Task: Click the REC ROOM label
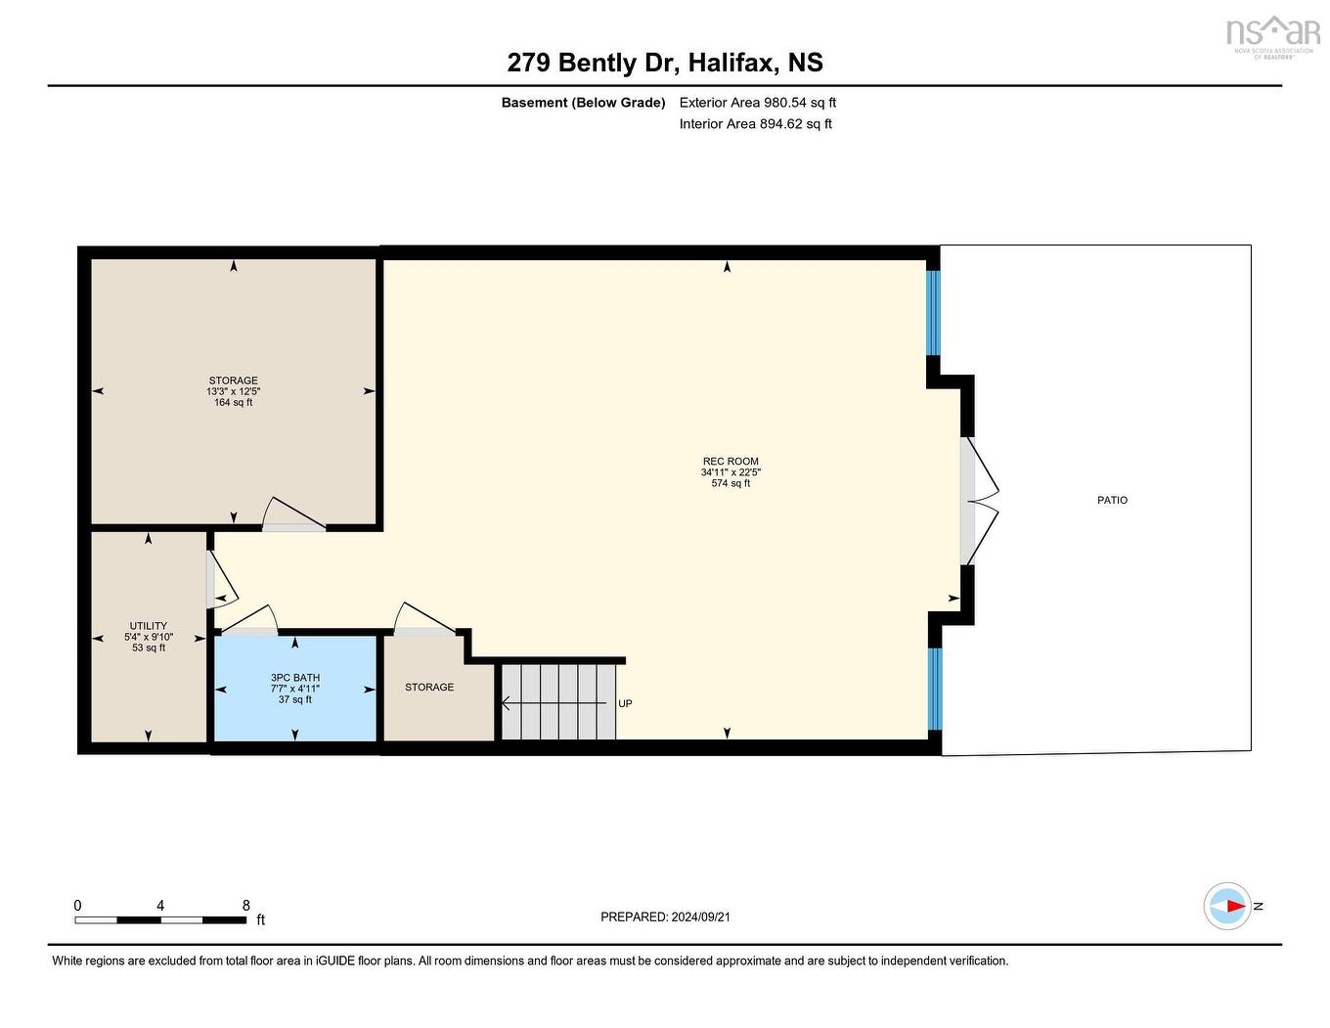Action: [731, 462]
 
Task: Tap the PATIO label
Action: [1112, 500]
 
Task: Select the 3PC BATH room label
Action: [295, 678]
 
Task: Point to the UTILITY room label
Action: [149, 626]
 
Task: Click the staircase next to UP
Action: [558, 702]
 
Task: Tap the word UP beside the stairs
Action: [625, 703]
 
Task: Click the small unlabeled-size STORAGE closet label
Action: [429, 687]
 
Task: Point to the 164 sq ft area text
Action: [233, 402]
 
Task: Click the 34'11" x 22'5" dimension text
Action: [731, 472]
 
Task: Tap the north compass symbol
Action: [1228, 906]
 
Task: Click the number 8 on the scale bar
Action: [246, 906]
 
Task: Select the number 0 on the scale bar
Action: [78, 906]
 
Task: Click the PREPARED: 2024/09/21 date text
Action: [665, 916]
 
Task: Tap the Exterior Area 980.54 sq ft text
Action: [757, 102]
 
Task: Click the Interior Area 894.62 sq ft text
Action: [755, 123]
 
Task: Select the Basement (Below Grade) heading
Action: [583, 102]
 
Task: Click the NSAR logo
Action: [1272, 34]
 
